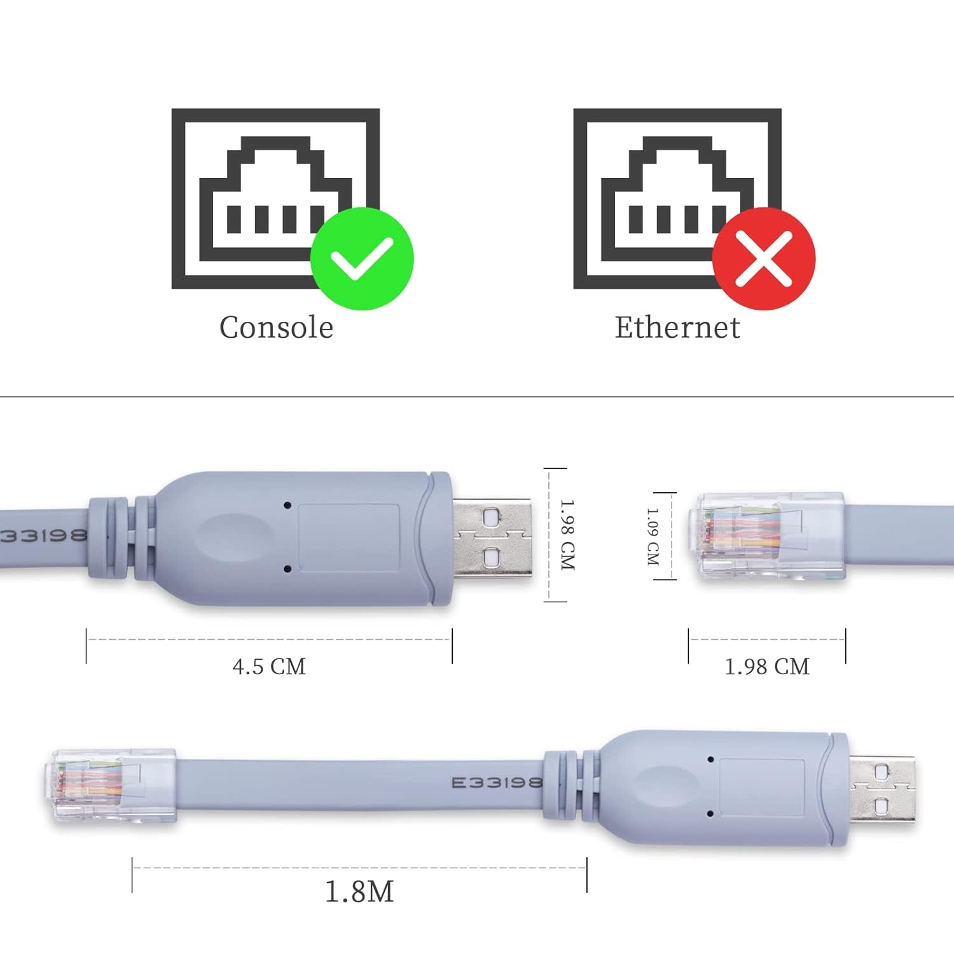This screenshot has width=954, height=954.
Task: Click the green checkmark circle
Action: click(362, 259)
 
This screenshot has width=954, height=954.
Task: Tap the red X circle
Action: click(764, 259)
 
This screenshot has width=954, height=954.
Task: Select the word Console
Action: click(276, 328)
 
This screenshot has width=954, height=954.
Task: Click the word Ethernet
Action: click(677, 328)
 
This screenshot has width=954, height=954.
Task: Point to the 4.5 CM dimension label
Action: click(269, 667)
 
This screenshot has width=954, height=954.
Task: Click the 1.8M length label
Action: click(359, 891)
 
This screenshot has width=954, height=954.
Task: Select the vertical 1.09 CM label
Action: click(653, 536)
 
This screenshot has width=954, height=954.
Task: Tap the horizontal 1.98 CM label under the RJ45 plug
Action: click(767, 667)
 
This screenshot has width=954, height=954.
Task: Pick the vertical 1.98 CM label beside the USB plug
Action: click(567, 534)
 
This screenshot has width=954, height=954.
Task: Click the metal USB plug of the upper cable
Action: click(492, 538)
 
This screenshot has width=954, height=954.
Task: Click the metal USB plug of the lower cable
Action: click(882, 789)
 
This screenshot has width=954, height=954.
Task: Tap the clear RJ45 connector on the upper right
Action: click(766, 536)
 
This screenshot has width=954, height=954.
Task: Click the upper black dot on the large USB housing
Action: click(287, 505)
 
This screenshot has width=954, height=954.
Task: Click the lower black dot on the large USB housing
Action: click(287, 569)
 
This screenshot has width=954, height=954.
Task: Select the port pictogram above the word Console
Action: click(276, 198)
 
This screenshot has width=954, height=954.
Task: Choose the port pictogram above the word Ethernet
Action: click(677, 198)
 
